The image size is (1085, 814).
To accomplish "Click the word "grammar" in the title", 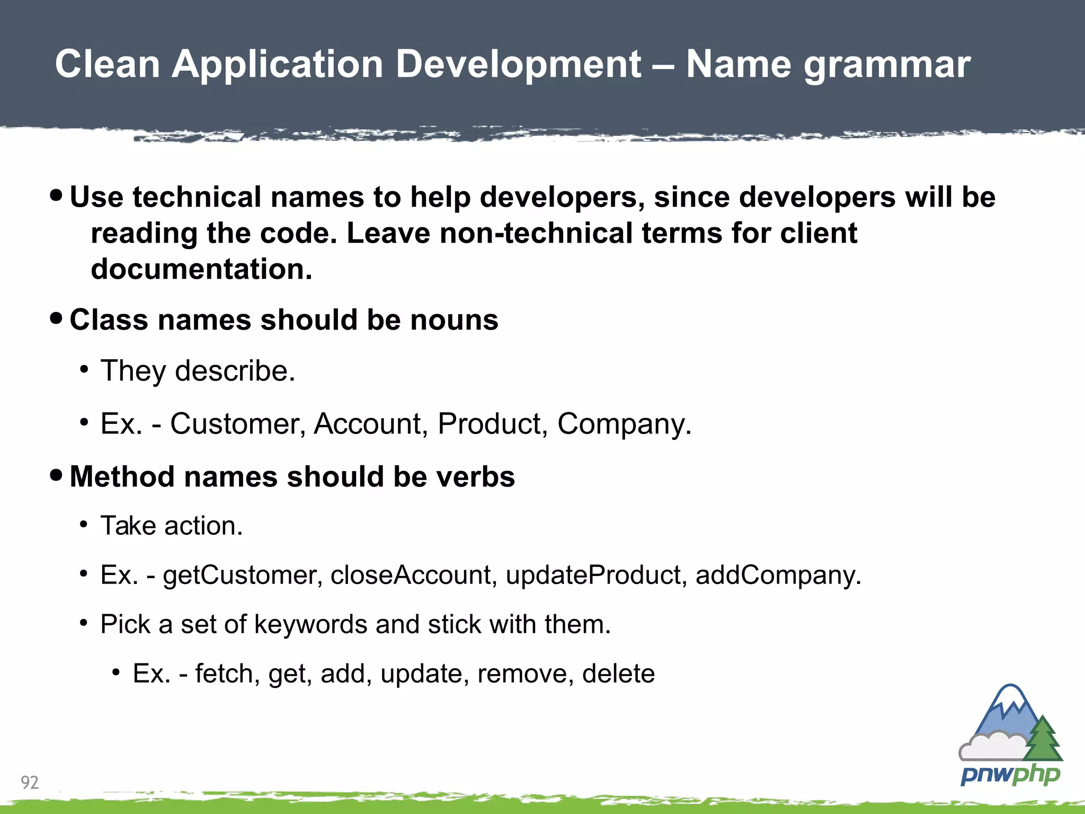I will (x=887, y=65).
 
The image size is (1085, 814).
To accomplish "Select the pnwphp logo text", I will (x=1010, y=775).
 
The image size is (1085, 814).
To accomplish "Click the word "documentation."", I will (x=201, y=269).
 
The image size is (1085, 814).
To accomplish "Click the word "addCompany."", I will (x=778, y=575).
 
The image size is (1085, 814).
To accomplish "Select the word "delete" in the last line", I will (x=618, y=674).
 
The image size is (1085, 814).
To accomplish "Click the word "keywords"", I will (x=310, y=624).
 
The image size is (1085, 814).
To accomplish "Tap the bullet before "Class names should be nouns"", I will (x=56, y=319).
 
